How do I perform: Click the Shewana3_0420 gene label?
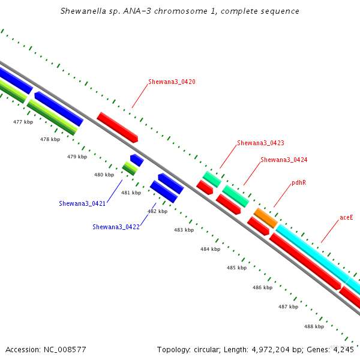[x=172, y=82]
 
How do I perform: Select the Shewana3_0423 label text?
[x=260, y=143]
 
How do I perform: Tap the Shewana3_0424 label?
[x=284, y=160]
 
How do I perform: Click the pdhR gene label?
[x=299, y=182]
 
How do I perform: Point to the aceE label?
[x=346, y=217]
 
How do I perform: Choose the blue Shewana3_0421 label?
[x=82, y=203]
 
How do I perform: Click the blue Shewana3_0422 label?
[x=116, y=227]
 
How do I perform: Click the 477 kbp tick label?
[x=23, y=122]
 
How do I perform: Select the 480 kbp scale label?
[x=104, y=175]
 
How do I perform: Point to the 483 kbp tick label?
[x=184, y=230]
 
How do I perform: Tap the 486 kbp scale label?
[x=262, y=287]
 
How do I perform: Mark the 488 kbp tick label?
[x=314, y=326]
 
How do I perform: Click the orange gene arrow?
[x=266, y=218]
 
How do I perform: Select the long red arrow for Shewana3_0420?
[x=118, y=127]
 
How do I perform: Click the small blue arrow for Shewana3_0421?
[x=137, y=160]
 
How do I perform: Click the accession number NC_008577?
[x=65, y=350]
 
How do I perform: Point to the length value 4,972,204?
[x=271, y=350]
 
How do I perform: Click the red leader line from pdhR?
[x=283, y=196]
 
